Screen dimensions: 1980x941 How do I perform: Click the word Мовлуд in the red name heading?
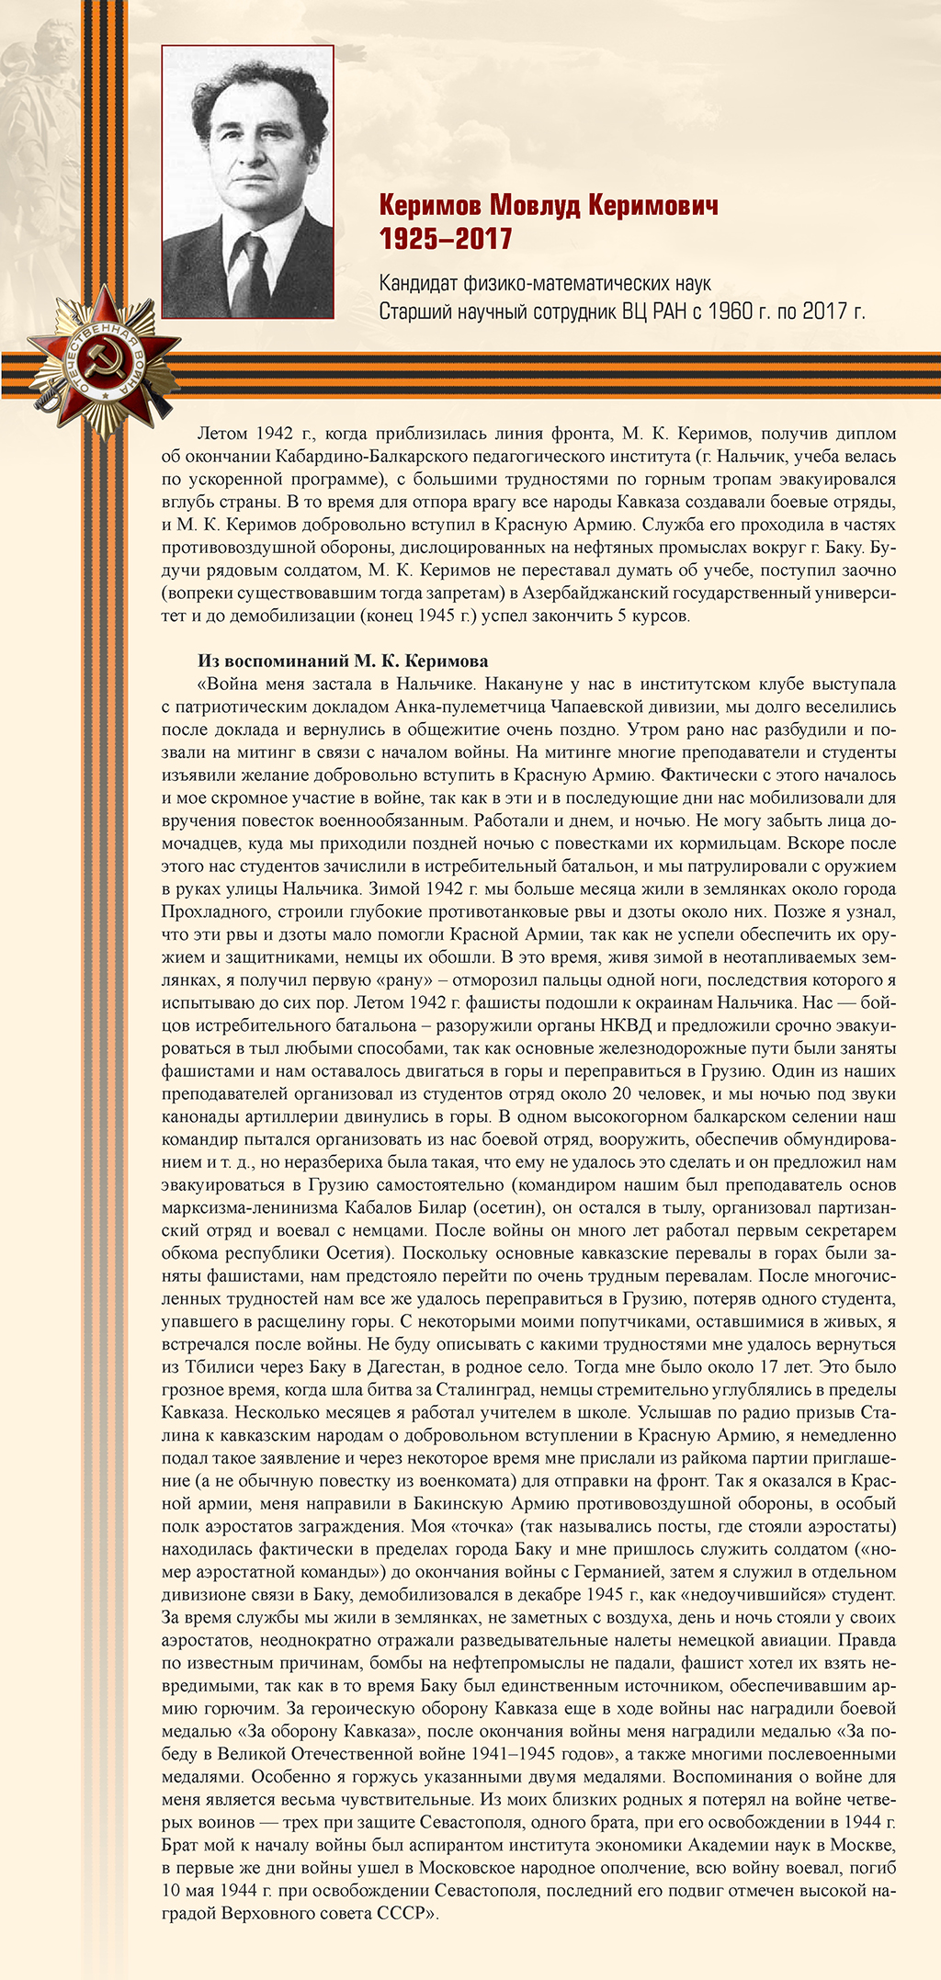click(x=535, y=205)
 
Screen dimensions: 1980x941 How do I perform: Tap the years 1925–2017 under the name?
click(x=446, y=240)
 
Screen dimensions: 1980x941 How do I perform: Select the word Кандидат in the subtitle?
click(x=417, y=284)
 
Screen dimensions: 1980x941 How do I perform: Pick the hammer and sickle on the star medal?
click(x=101, y=357)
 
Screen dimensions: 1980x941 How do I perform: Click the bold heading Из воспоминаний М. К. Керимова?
click(x=343, y=662)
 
